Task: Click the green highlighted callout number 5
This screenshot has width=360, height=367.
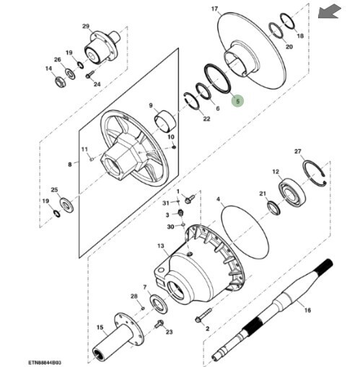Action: (x=237, y=101)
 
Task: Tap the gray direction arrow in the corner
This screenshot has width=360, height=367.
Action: (x=330, y=12)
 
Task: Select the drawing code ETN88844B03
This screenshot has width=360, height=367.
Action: (x=44, y=362)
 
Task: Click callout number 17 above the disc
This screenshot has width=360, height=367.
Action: (x=214, y=9)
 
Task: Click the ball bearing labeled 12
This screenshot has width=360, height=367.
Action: (x=292, y=193)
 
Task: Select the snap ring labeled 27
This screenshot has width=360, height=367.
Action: (x=315, y=173)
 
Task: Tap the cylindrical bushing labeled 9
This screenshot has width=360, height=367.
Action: (x=165, y=120)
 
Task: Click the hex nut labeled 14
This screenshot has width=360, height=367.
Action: (x=59, y=81)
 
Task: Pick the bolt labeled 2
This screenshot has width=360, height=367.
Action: (x=203, y=315)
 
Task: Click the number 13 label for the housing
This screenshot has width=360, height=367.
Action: (x=161, y=246)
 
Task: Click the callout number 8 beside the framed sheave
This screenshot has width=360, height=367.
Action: (x=70, y=164)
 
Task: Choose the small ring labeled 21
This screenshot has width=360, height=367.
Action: (x=273, y=208)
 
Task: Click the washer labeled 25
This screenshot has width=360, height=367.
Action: (x=66, y=205)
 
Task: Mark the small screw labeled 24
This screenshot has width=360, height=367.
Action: (x=89, y=74)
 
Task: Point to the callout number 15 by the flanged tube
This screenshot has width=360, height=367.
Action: (x=100, y=327)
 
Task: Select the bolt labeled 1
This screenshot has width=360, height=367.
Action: (x=190, y=198)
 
